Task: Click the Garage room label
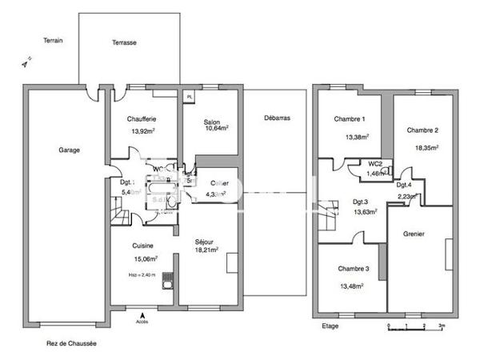point(68,149)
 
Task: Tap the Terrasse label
point(124,42)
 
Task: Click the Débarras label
point(276,118)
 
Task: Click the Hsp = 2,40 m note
point(142,274)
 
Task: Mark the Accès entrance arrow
point(142,315)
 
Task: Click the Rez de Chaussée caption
point(71,343)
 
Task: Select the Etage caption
point(330,326)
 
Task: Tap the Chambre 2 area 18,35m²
point(422,147)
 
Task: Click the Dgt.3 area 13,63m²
point(360,212)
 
